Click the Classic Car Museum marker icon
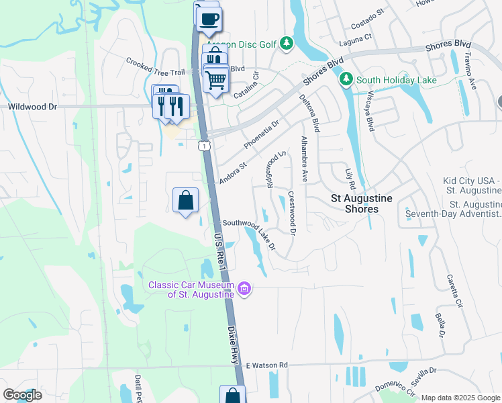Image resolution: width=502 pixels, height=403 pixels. pyautogui.click(x=245, y=289)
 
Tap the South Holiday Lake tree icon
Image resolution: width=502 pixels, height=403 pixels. pyautogui.click(x=346, y=80)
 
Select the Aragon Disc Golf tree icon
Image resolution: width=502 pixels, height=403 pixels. pyautogui.click(x=287, y=43)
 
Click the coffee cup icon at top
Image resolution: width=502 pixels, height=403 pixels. pyautogui.click(x=209, y=18)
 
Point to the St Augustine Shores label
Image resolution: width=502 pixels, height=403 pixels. pyautogui.click(x=365, y=204)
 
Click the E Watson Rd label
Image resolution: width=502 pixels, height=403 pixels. pyautogui.click(x=266, y=365)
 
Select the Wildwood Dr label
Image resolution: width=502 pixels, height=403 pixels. pyautogui.click(x=33, y=106)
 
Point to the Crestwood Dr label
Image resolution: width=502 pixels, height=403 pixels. pyautogui.click(x=292, y=213)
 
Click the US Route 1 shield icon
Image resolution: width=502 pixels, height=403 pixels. pyautogui.click(x=202, y=145)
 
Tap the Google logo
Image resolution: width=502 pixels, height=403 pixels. pyautogui.click(x=22, y=395)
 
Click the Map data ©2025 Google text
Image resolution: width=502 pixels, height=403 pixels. pyautogui.click(x=460, y=398)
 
